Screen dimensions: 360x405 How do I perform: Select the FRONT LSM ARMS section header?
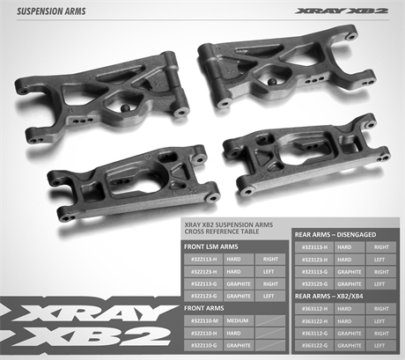210,247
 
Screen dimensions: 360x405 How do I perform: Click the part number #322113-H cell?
202,260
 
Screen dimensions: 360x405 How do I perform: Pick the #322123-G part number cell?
202,297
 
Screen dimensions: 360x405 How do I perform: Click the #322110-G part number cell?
202,346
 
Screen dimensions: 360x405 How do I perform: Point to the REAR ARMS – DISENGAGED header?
332,235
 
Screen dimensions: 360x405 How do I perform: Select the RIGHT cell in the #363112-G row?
380,334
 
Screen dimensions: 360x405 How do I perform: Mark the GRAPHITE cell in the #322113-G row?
239,284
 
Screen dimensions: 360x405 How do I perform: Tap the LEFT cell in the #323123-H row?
380,260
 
